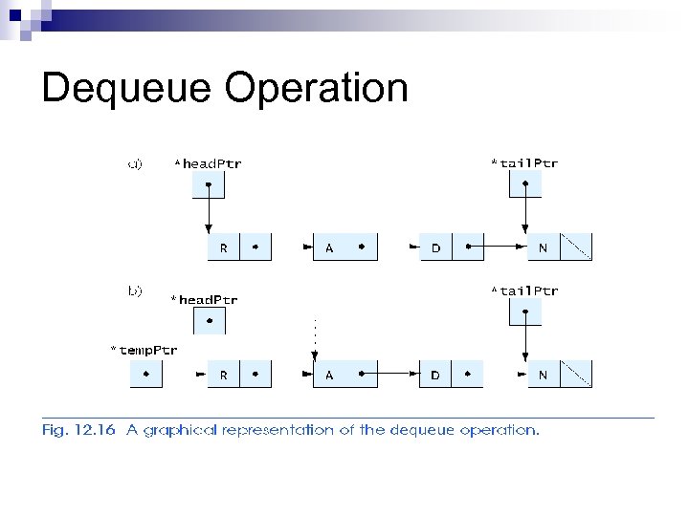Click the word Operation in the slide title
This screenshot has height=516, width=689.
(x=317, y=89)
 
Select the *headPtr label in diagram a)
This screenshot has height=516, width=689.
(x=208, y=163)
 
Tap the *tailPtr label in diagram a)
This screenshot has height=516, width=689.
(x=524, y=163)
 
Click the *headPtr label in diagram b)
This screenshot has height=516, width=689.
(x=204, y=300)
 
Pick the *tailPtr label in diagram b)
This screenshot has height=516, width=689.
(x=524, y=290)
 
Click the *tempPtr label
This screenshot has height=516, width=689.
(x=144, y=350)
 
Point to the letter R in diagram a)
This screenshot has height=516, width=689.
(x=224, y=247)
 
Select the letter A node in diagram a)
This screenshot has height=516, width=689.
(x=330, y=247)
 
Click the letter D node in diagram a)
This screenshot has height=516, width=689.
(x=436, y=247)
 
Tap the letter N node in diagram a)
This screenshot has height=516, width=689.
(x=544, y=247)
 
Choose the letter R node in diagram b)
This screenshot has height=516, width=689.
(x=224, y=375)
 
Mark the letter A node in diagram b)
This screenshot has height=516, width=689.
(x=330, y=375)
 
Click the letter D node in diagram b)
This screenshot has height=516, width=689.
(x=436, y=375)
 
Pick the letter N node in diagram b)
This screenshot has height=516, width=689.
(x=544, y=375)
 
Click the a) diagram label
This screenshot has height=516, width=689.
(x=135, y=163)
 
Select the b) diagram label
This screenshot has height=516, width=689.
(x=135, y=290)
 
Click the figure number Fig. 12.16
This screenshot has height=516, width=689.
(x=78, y=430)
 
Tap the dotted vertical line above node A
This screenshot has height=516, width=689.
(x=315, y=334)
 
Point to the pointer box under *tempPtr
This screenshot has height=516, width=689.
(x=145, y=375)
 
